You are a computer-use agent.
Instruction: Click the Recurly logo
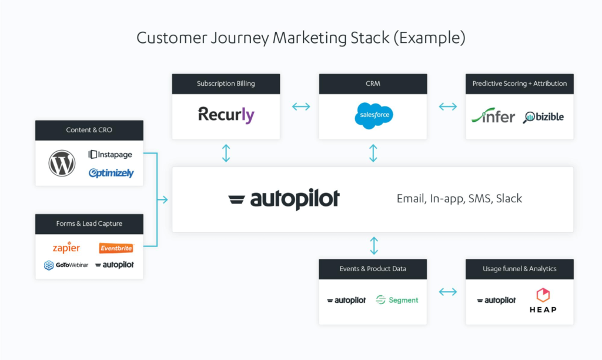(x=226, y=115)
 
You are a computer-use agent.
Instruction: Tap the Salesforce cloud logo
(x=373, y=115)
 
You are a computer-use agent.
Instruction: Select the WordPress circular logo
(x=62, y=163)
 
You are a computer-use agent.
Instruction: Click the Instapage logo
(x=111, y=155)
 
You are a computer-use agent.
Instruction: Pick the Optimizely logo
(x=111, y=173)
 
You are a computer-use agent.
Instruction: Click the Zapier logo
(x=66, y=248)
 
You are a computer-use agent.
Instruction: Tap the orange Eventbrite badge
(x=116, y=248)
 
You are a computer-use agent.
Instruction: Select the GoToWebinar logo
(x=66, y=265)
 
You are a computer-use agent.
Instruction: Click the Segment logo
(x=397, y=300)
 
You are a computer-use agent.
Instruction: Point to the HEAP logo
(x=542, y=300)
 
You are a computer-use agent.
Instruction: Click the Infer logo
(x=493, y=116)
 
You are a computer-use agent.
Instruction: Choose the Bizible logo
(x=544, y=116)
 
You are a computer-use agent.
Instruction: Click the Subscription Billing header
(x=226, y=84)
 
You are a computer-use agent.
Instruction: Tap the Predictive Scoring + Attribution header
(x=519, y=84)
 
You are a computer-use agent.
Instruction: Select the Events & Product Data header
(x=373, y=269)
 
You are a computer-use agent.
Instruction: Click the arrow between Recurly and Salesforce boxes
(x=301, y=106)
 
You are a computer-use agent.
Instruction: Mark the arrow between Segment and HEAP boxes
(x=448, y=292)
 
